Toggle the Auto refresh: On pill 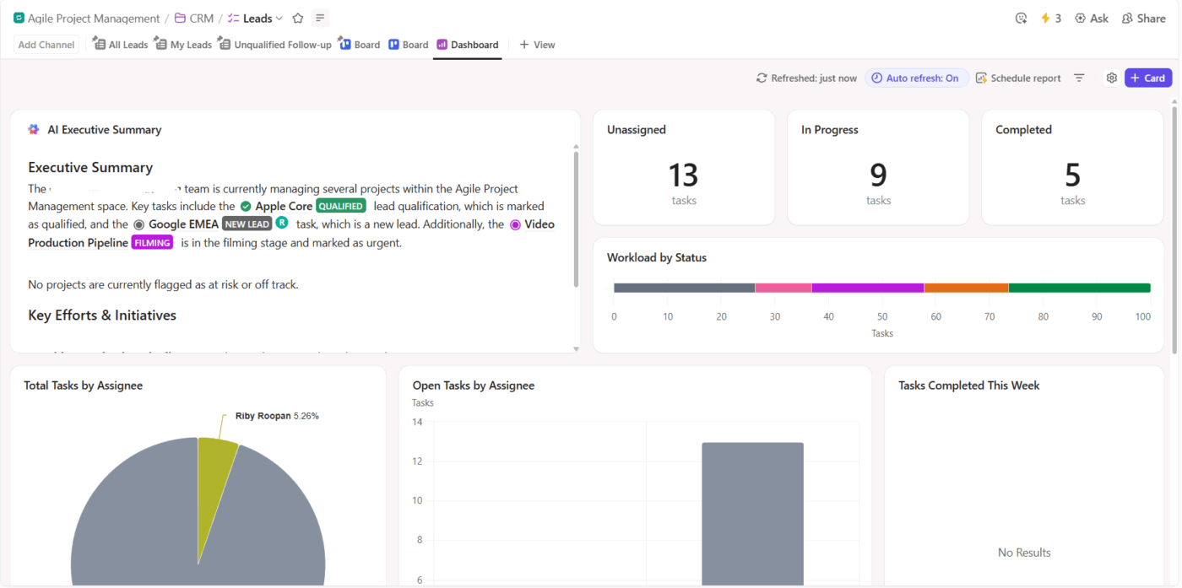916,78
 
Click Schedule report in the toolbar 1018,78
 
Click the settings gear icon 1111,78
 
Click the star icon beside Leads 297,18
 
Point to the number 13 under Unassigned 683,175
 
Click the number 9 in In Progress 878,175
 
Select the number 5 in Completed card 1072,175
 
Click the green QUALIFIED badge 341,206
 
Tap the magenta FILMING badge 152,243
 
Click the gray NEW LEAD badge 247,224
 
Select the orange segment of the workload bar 966,288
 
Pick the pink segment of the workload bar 783,288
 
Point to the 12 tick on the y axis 417,461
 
